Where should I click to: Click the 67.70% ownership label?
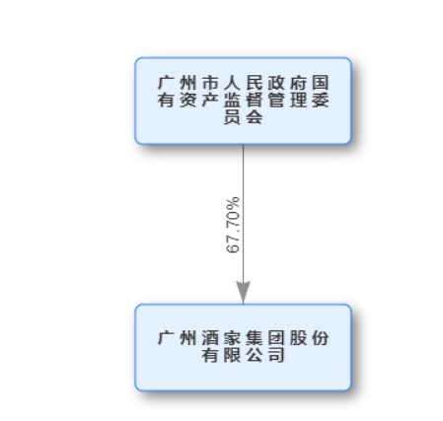pos(233,225)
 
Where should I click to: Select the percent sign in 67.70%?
pos(233,203)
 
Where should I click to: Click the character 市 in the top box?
pos(210,83)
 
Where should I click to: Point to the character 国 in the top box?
pos(321,83)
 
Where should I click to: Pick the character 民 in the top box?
pos(255,83)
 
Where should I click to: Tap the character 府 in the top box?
pos(298,83)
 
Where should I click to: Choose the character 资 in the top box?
pos(188,100)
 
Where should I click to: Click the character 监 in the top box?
pos(232,100)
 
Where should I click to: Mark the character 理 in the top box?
pos(298,100)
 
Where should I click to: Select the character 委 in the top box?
pos(321,100)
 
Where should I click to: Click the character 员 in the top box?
pos(232,117)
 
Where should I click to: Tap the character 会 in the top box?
pos(255,117)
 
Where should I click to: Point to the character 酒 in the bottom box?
pos(210,338)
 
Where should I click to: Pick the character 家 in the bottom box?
pos(232,338)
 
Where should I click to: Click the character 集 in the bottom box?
pos(255,338)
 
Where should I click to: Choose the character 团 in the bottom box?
pos(276,338)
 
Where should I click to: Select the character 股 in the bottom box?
pos(298,338)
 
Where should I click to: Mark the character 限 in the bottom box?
pos(232,355)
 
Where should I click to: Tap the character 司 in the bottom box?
pos(276,355)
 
